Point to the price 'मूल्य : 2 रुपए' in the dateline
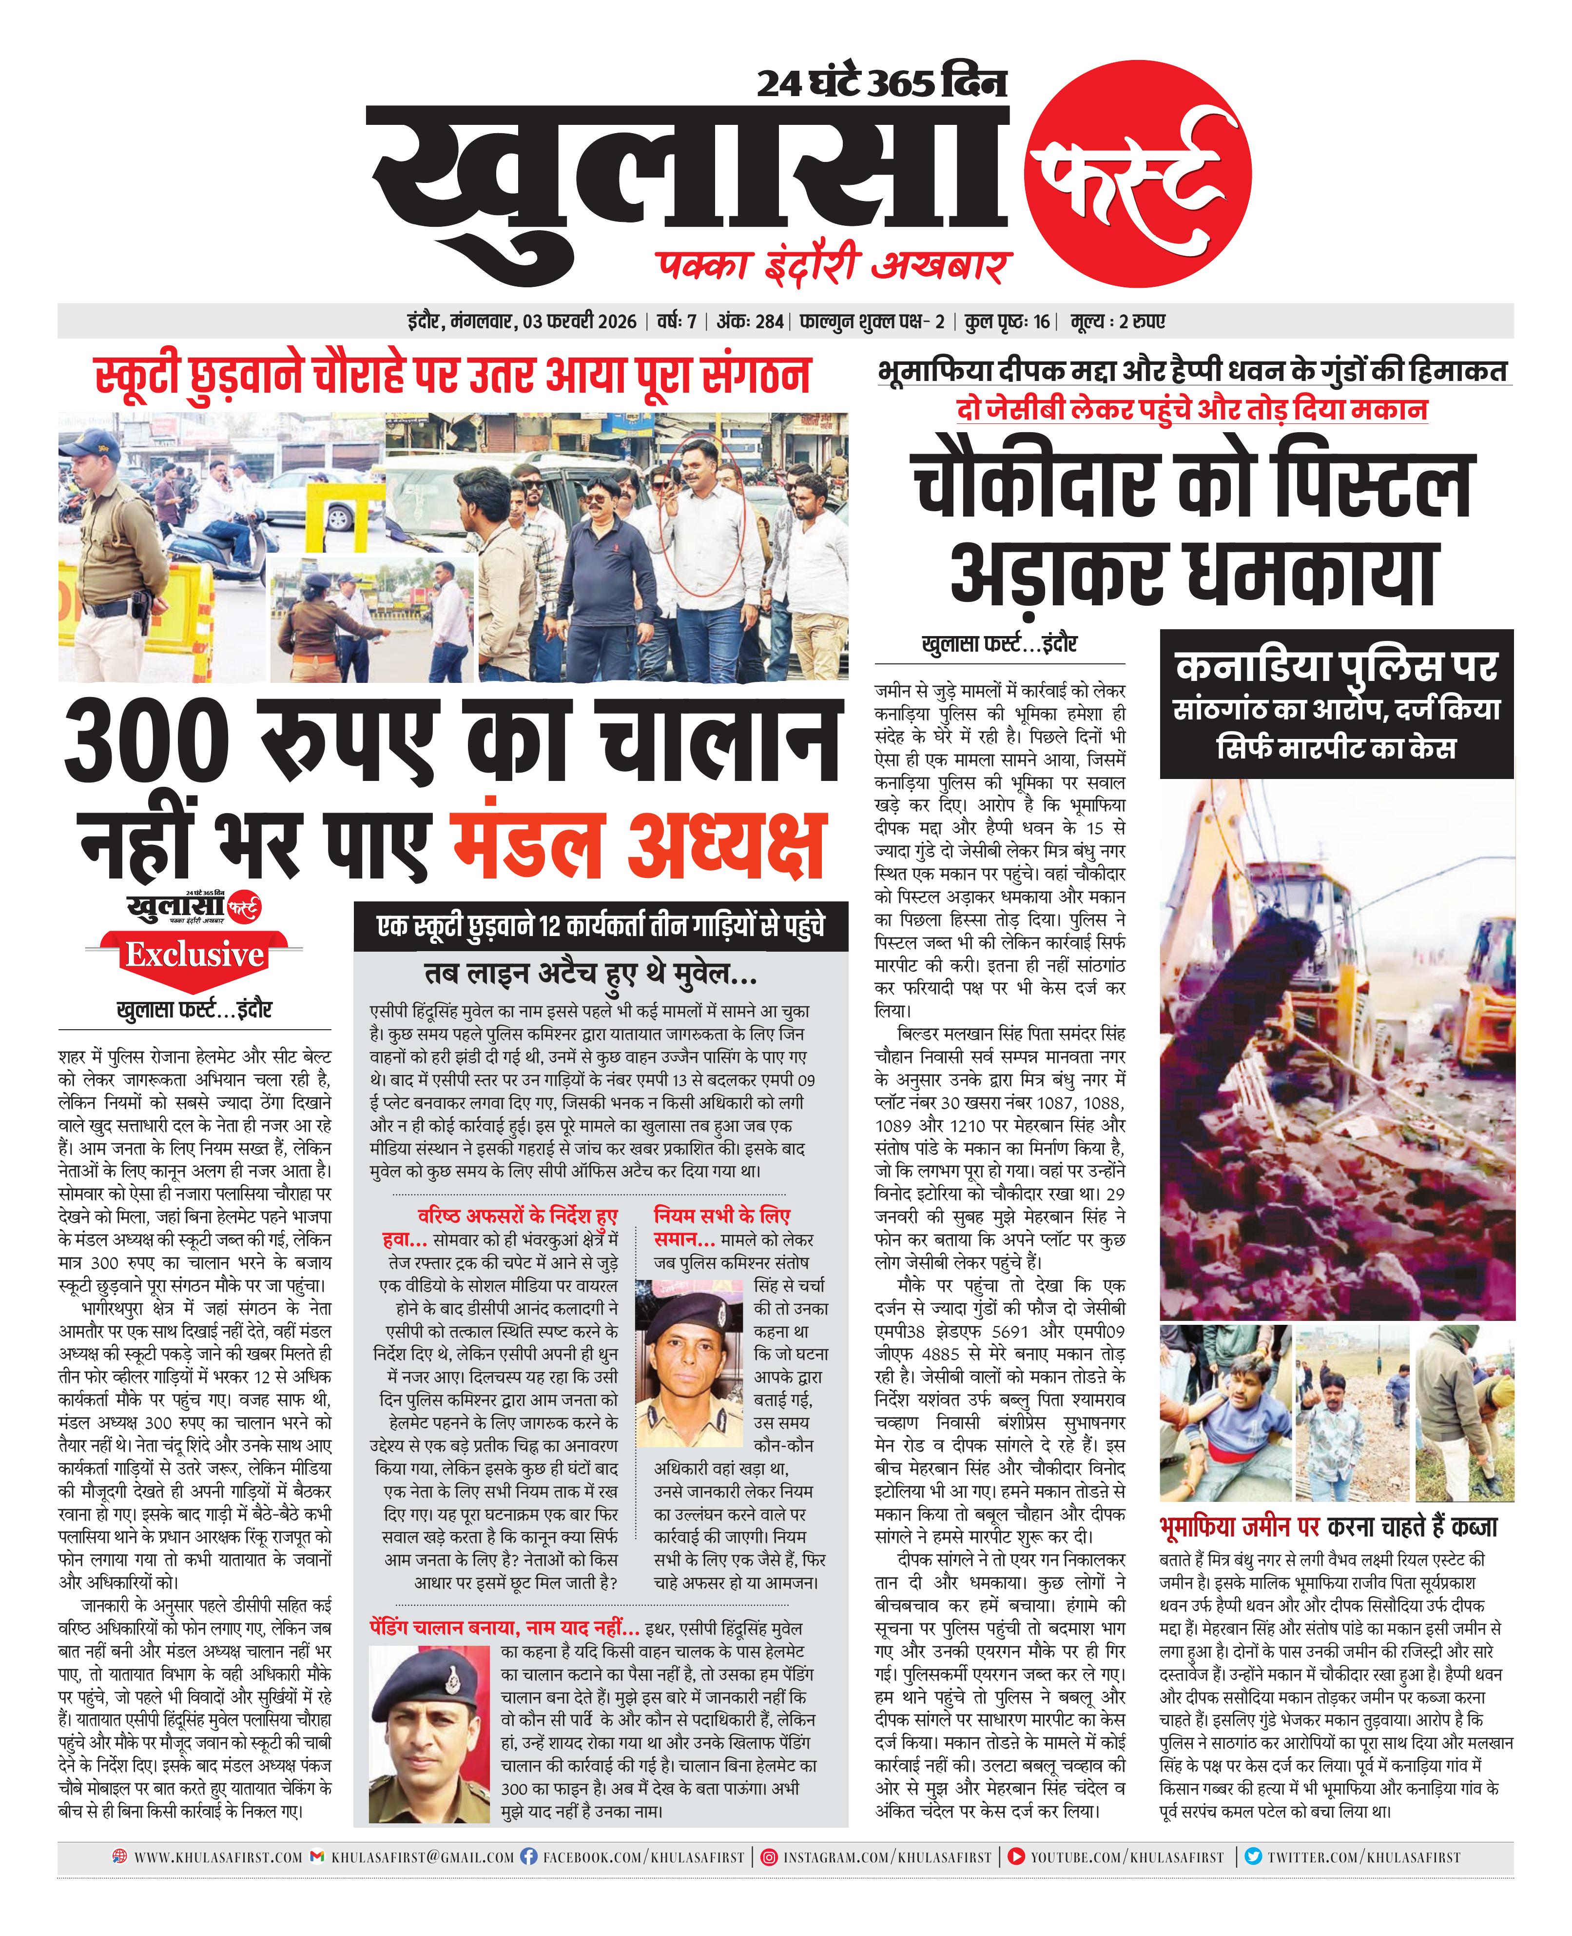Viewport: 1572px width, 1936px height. (1117, 321)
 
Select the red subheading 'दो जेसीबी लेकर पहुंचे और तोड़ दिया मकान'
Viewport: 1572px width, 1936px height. (1192, 409)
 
